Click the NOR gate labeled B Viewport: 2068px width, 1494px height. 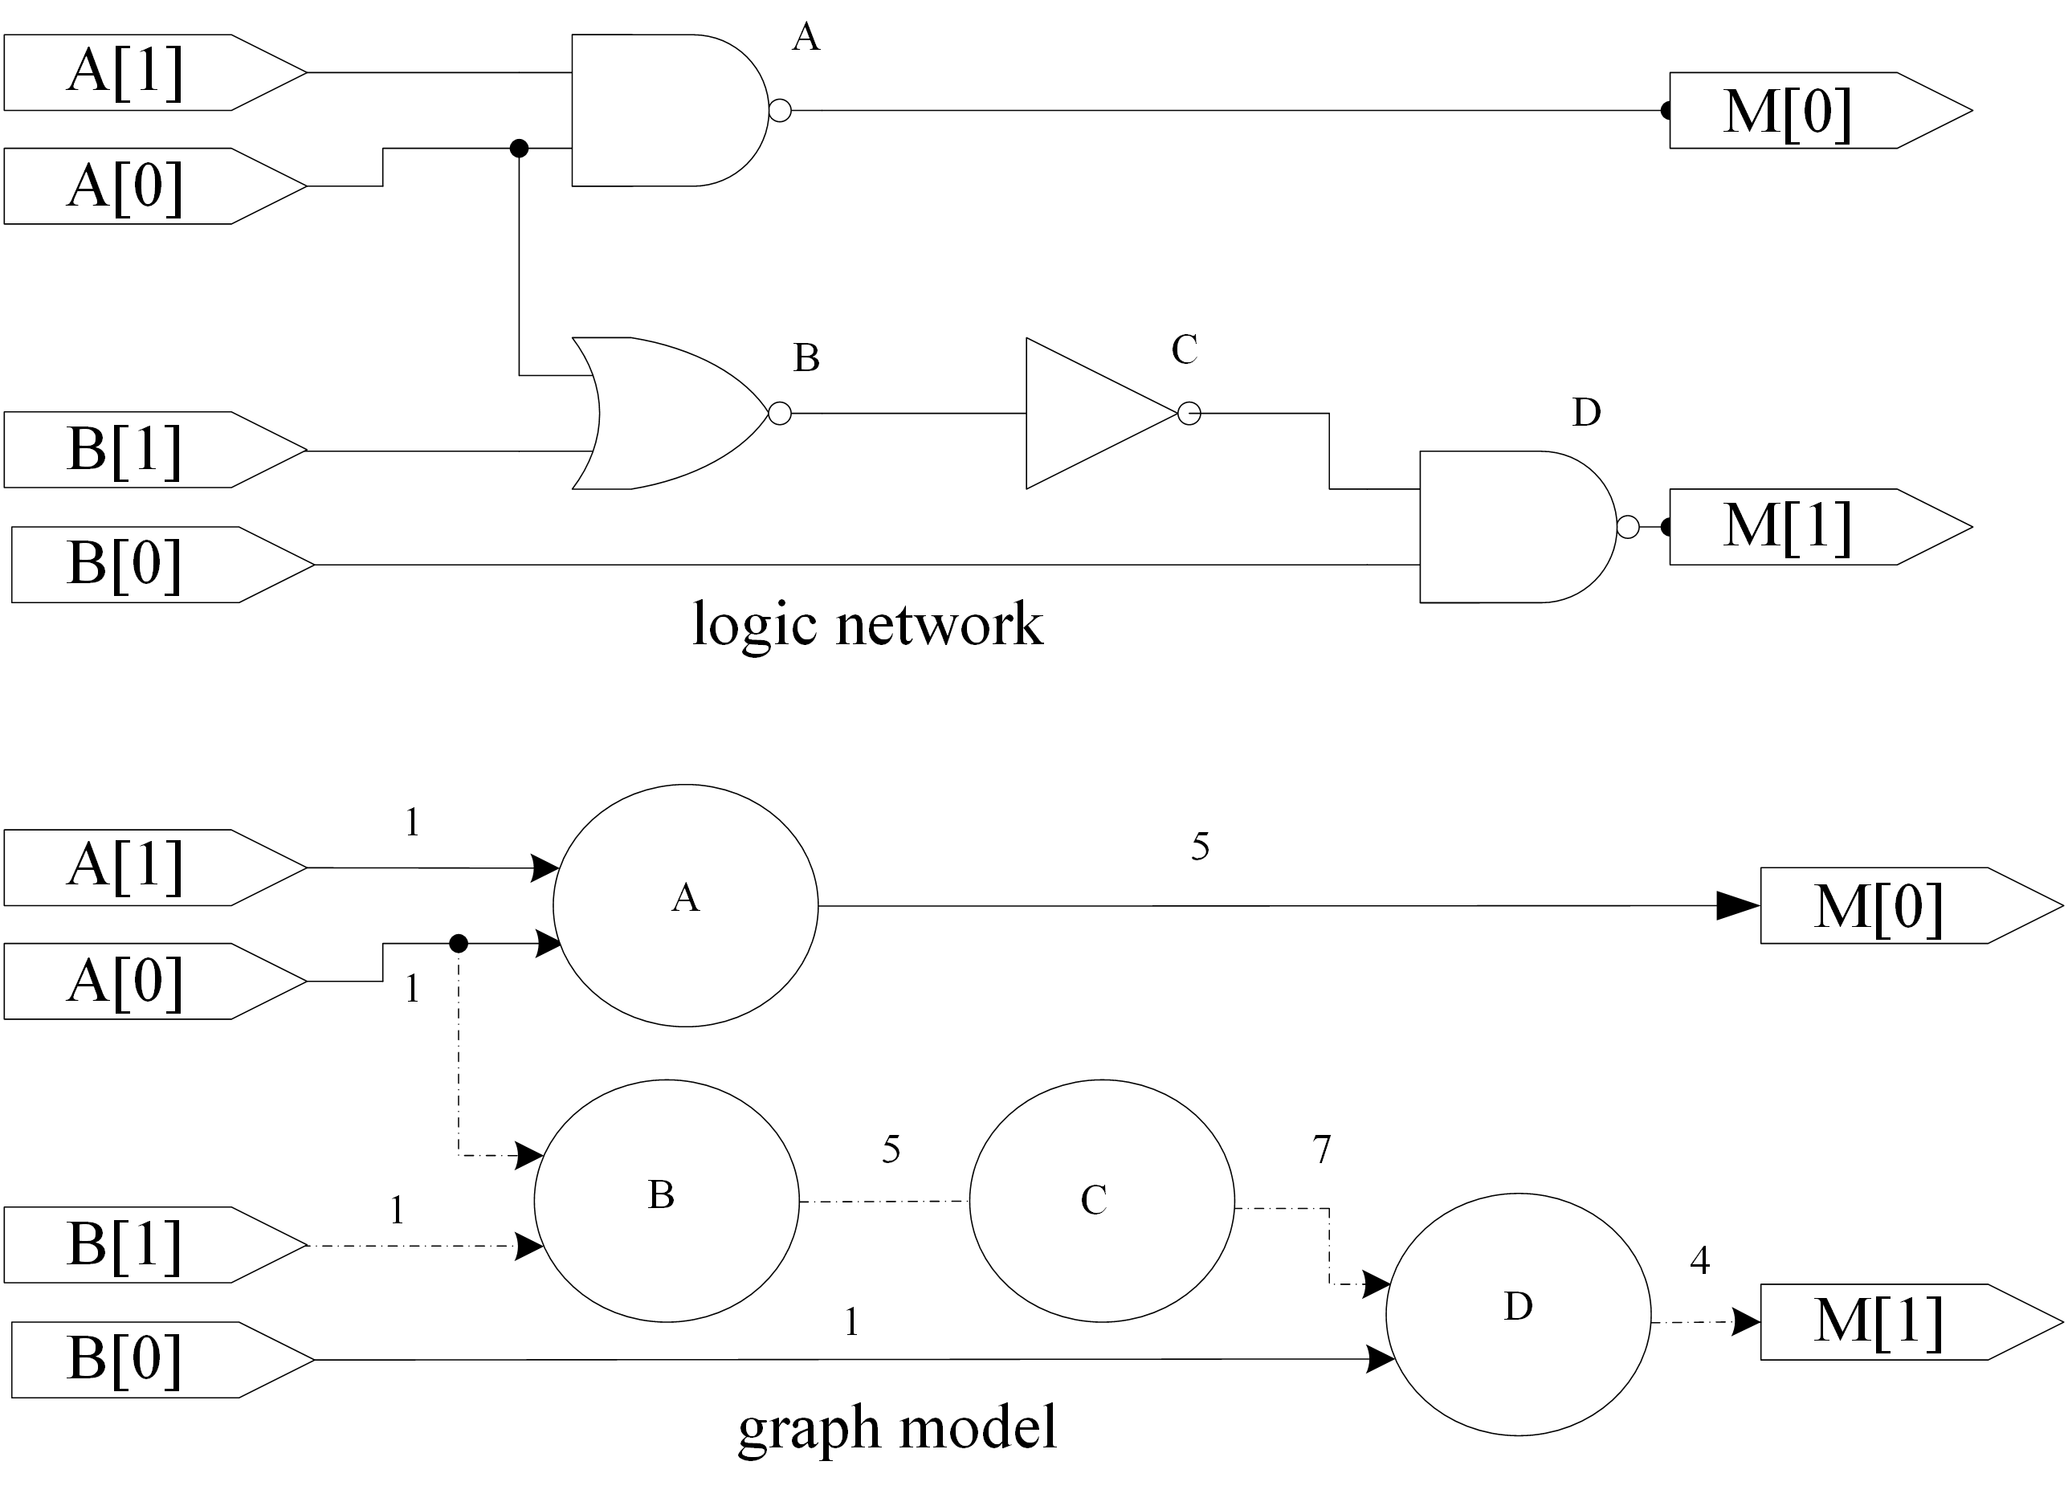(670, 413)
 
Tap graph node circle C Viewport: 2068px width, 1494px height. (1102, 1201)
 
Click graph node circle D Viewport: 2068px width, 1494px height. (1518, 1314)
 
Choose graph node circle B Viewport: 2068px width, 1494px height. (667, 1201)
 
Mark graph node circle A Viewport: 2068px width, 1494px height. (686, 906)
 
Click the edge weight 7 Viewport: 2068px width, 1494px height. (1322, 1150)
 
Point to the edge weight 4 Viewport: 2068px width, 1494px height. (1699, 1260)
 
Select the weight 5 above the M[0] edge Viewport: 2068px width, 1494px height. (1200, 847)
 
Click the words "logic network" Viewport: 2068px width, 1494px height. (867, 625)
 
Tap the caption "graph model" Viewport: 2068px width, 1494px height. (897, 1427)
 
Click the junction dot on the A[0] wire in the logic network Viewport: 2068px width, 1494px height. (519, 148)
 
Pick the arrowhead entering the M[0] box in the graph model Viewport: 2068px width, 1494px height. (1738, 906)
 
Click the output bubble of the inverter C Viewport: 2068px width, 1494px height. (1189, 413)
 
